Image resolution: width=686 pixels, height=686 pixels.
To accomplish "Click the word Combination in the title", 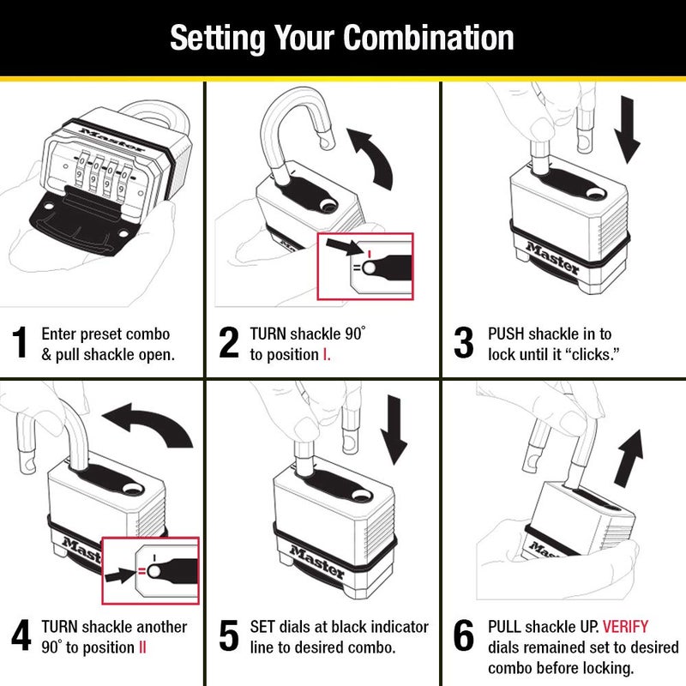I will pyautogui.click(x=429, y=38).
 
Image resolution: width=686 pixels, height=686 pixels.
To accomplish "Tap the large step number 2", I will pyautogui.click(x=228, y=343).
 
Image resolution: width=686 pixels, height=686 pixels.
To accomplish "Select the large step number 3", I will pyautogui.click(x=463, y=343).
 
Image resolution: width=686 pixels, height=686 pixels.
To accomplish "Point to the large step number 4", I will pyautogui.click(x=21, y=638).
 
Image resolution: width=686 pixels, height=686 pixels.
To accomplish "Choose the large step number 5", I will pyautogui.click(x=228, y=638).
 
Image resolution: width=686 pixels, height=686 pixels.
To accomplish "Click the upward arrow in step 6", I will pyautogui.click(x=629, y=454).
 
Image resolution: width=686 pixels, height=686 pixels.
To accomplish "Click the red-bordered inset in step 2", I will pyautogui.click(x=365, y=266).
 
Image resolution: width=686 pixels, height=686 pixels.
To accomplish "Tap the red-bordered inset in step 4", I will pyautogui.click(x=151, y=566).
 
